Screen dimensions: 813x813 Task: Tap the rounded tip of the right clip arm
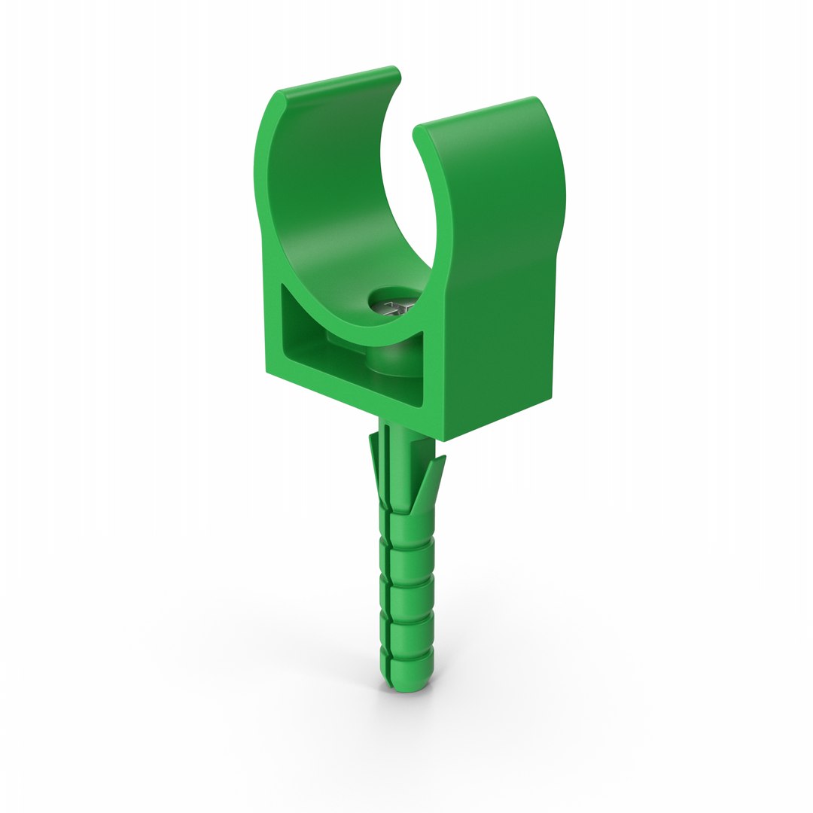(x=418, y=132)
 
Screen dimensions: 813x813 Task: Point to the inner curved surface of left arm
(x=324, y=196)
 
